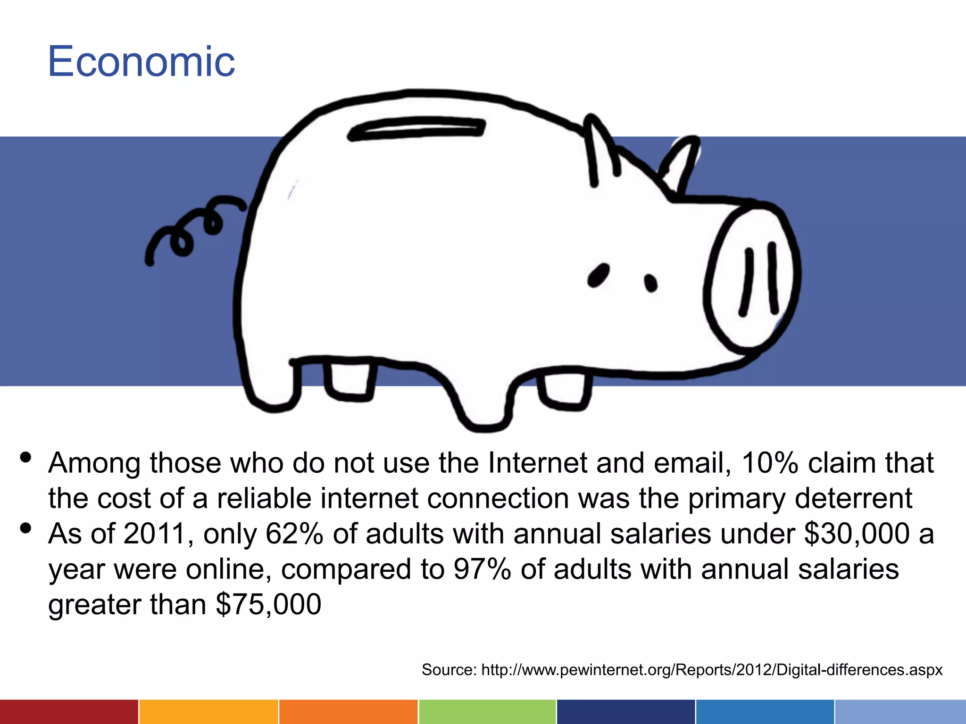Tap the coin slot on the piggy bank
pos(416,129)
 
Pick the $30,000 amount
pos(857,534)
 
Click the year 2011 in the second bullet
pos(154,534)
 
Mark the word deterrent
pos(853,499)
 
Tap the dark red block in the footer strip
pos(69,712)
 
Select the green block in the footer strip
pos(487,712)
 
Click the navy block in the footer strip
pos(625,712)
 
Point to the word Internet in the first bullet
pos(538,463)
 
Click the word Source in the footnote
pos(449,670)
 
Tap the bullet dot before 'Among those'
pos(26,457)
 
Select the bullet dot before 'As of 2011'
pos(26,528)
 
